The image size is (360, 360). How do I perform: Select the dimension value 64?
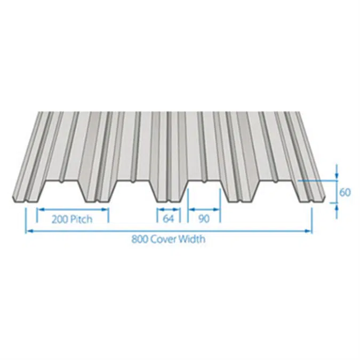coord(169,219)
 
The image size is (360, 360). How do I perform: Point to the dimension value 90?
coord(204,219)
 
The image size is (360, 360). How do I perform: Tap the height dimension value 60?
coord(345,192)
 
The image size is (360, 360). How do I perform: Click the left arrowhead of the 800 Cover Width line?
coord(29,230)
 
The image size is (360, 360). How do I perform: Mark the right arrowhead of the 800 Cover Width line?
coord(309,230)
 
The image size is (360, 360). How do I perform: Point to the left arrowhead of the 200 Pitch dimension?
coord(39,210)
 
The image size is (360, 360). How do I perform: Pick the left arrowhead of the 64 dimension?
coord(159,210)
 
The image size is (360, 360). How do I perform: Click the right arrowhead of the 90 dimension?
coord(218,210)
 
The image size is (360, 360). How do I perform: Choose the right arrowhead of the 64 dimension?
coord(178,210)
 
